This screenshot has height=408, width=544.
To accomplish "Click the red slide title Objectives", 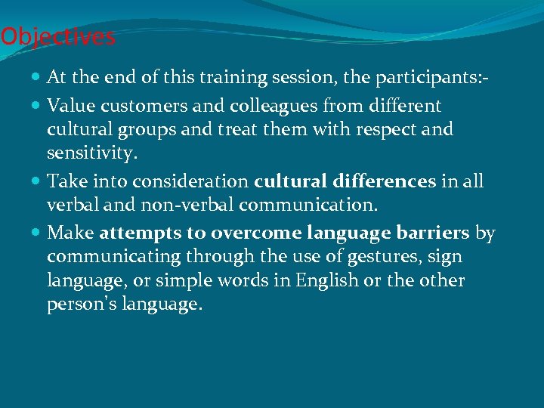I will coord(58,36).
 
